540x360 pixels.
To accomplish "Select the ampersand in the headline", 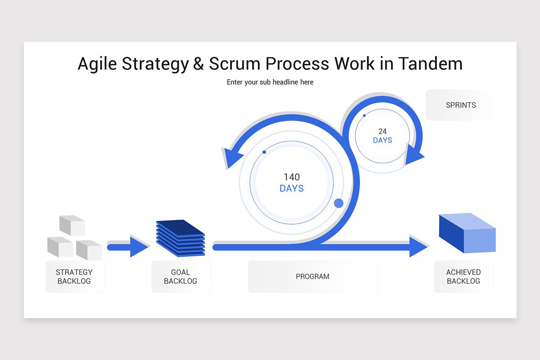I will [198, 64].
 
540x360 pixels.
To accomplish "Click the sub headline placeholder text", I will [270, 82].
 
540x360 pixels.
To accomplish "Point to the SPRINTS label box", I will [460, 105].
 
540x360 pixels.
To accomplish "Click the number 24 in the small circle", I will [382, 131].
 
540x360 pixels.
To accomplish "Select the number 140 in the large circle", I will [292, 177].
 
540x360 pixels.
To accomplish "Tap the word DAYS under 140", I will [292, 189].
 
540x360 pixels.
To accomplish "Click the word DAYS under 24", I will [382, 140].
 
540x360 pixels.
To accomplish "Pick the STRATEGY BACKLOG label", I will [74, 276].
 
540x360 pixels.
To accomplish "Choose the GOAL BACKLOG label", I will [180, 276].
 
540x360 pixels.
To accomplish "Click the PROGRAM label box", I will [313, 276].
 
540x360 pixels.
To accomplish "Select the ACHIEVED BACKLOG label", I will [463, 276].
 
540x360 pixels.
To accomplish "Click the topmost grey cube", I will [72, 225].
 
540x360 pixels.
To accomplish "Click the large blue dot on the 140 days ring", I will [339, 203].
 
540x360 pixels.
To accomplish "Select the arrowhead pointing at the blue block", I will [418, 246].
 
